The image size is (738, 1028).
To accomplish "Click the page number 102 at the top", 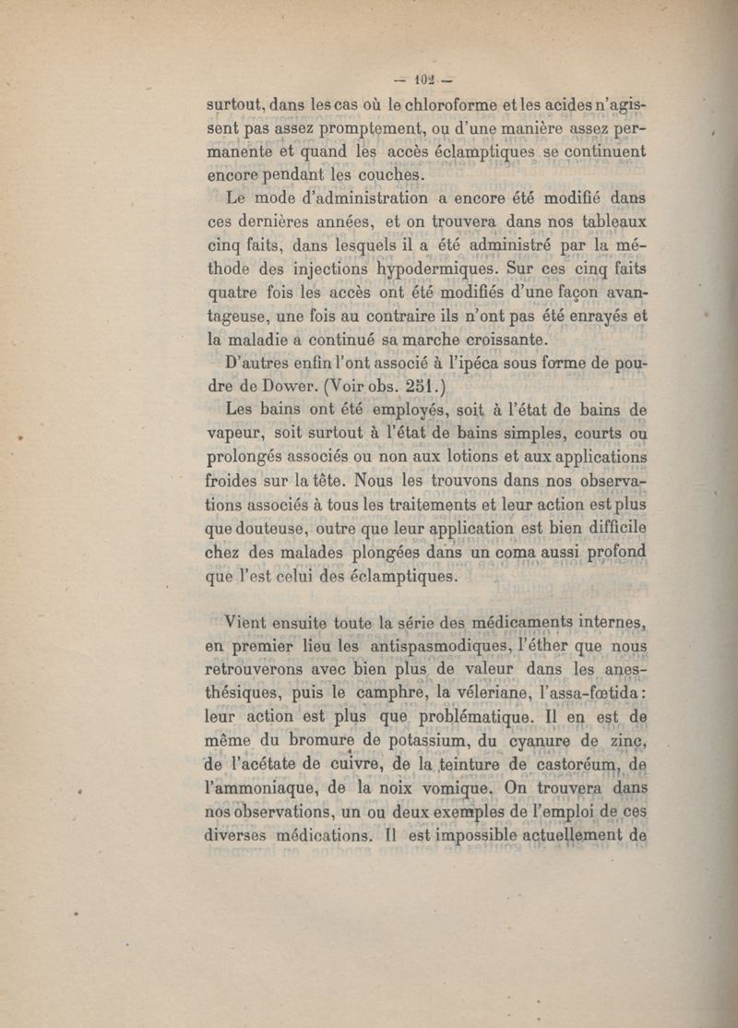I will click(430, 78).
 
